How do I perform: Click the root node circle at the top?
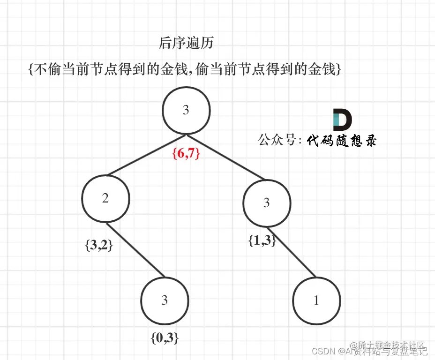(x=186, y=111)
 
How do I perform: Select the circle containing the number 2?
(x=105, y=198)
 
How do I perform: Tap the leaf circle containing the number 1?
(x=316, y=300)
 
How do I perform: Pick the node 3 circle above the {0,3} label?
(x=165, y=300)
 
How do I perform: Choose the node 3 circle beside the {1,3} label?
(x=267, y=202)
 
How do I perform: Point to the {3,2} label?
(x=99, y=245)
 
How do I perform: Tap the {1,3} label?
(x=262, y=240)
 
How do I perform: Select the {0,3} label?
(x=165, y=337)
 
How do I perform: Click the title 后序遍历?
(x=186, y=44)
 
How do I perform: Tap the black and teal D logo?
(x=342, y=120)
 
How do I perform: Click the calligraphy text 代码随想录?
(x=341, y=141)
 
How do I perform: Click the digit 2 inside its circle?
(x=105, y=198)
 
